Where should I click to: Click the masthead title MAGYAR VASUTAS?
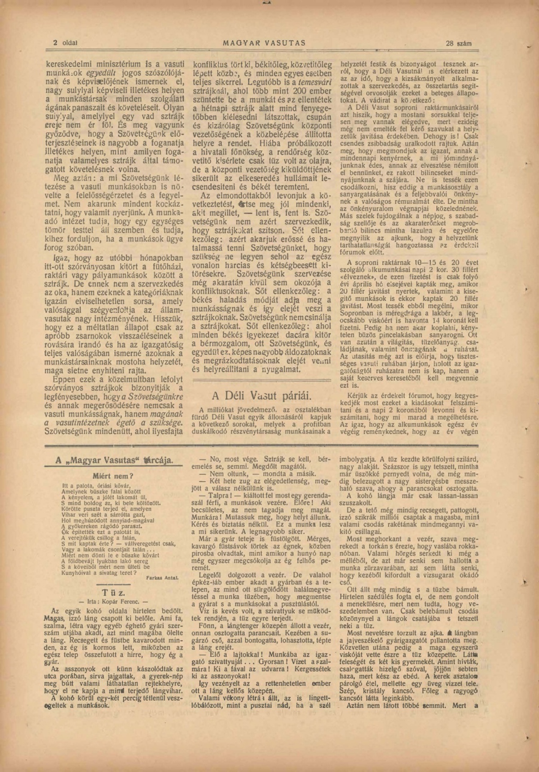pos(264,43)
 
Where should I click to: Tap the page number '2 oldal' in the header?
pos(65,43)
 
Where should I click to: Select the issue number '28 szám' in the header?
pos(459,44)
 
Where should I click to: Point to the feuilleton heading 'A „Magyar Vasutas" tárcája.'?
pos(114,461)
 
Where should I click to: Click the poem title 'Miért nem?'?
pos(113,476)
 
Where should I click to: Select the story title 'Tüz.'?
pos(113,593)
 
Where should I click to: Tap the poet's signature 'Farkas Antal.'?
pos(162,578)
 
